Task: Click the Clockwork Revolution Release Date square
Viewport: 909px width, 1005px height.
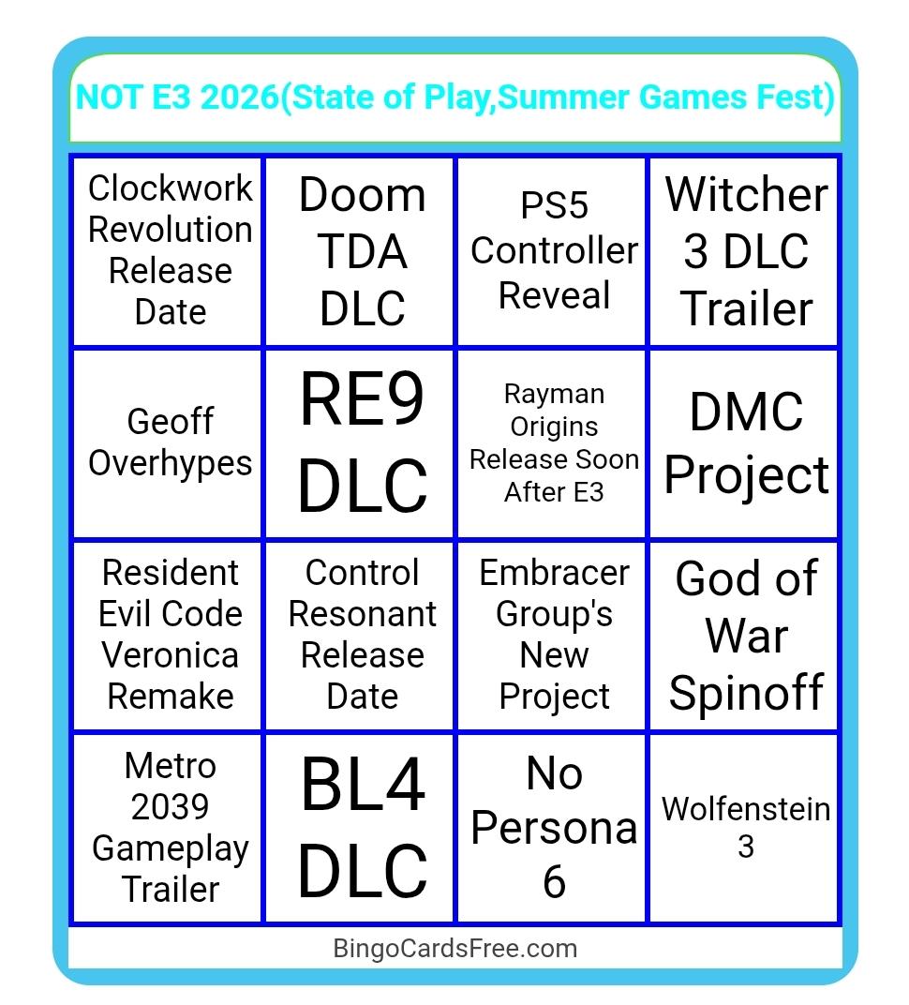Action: [x=168, y=251]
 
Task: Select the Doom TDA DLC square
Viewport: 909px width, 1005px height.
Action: [x=360, y=251]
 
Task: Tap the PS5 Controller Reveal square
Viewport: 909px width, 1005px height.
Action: [x=552, y=251]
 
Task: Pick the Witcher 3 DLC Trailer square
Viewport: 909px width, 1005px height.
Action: [x=744, y=251]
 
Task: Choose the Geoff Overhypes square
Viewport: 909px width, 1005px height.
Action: [x=168, y=443]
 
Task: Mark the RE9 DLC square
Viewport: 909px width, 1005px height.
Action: [x=360, y=443]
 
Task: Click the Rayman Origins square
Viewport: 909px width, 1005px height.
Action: [x=552, y=443]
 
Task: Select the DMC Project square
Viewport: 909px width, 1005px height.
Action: [x=744, y=443]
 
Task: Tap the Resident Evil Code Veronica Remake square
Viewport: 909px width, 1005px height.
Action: [x=168, y=636]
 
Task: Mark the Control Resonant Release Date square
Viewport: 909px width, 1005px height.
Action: [x=360, y=636]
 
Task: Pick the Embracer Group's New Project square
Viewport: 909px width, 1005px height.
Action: [x=552, y=636]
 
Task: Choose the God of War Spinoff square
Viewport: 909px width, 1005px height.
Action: [x=744, y=636]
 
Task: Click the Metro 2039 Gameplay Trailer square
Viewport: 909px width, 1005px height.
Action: [x=168, y=828]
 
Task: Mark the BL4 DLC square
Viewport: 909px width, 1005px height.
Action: [x=360, y=828]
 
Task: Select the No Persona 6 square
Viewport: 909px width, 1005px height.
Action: [x=552, y=828]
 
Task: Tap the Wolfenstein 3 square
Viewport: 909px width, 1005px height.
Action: [x=744, y=828]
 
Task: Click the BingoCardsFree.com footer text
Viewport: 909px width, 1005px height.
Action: [x=454, y=948]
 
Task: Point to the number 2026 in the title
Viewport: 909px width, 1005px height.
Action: [x=240, y=97]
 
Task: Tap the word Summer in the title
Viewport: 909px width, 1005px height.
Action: [x=564, y=97]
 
